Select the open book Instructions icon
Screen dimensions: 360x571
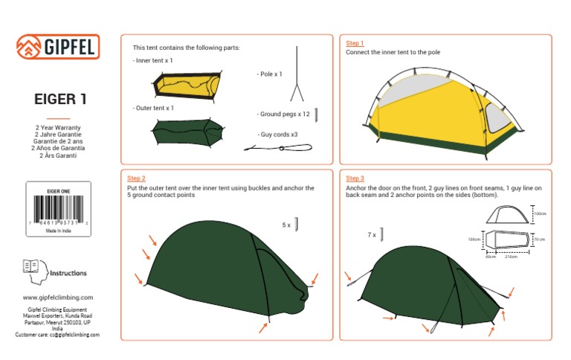(x=31, y=266)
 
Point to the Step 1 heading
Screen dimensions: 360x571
(x=355, y=43)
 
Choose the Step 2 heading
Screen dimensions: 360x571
(x=136, y=179)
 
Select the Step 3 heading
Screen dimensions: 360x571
(x=355, y=179)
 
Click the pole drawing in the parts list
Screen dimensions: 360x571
(x=297, y=74)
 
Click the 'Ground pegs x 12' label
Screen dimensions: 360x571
(x=284, y=115)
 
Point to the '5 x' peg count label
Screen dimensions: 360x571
(x=286, y=224)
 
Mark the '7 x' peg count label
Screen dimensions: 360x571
(x=371, y=235)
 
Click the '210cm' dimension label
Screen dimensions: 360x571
(x=512, y=257)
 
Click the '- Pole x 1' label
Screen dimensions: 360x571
(x=270, y=74)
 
